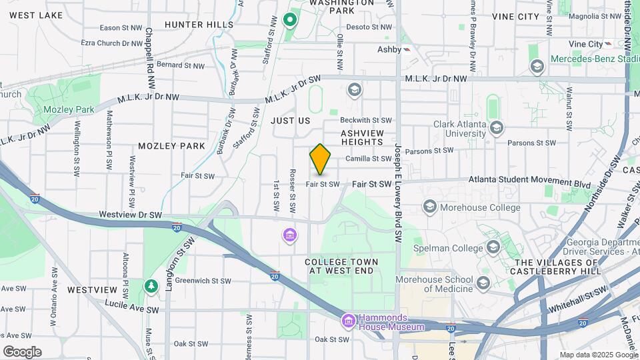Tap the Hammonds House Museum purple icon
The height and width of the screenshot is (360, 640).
pos(347,321)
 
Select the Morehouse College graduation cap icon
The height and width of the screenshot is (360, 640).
pos(429,207)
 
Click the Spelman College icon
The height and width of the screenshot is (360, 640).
pos(493,248)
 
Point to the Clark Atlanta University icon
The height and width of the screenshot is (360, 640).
pos(495,127)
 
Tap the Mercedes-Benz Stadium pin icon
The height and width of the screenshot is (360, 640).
pos(537,67)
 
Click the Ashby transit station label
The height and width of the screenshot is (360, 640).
pos(389,49)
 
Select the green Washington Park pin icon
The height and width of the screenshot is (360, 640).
pos(289,19)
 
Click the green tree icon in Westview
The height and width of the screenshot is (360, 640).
pos(151,286)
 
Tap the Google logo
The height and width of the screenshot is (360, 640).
pos(22,352)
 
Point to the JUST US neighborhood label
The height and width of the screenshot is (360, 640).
pos(291,121)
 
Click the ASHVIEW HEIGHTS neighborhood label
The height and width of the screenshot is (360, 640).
pos(365,138)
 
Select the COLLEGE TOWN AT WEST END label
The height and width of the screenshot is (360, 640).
pos(341,267)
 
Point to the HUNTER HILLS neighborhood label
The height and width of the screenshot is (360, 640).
pos(199,25)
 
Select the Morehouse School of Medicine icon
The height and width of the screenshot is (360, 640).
pos(483,283)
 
